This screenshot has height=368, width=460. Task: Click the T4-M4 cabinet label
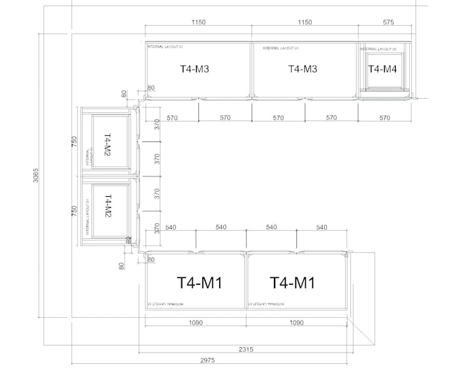click(x=382, y=69)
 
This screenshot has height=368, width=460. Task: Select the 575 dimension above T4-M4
click(x=388, y=22)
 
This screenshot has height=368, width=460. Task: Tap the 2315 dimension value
click(x=246, y=349)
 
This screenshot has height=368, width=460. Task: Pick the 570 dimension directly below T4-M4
click(x=384, y=118)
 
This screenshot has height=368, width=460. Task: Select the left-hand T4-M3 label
click(x=194, y=69)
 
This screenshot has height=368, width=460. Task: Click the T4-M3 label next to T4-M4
click(x=302, y=69)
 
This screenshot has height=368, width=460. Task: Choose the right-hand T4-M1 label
click(x=292, y=282)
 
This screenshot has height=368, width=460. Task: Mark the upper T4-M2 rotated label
click(x=107, y=145)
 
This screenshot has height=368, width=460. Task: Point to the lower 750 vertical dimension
click(x=75, y=210)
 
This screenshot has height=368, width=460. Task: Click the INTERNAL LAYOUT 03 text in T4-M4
click(x=377, y=49)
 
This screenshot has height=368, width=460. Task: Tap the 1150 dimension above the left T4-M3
click(x=198, y=22)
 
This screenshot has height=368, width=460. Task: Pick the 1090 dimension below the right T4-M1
click(x=296, y=323)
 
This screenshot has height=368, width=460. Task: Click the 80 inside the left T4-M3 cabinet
click(x=151, y=88)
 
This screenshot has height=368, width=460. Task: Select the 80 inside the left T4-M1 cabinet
click(x=151, y=259)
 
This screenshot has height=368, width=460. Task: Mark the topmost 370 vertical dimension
click(x=156, y=124)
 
